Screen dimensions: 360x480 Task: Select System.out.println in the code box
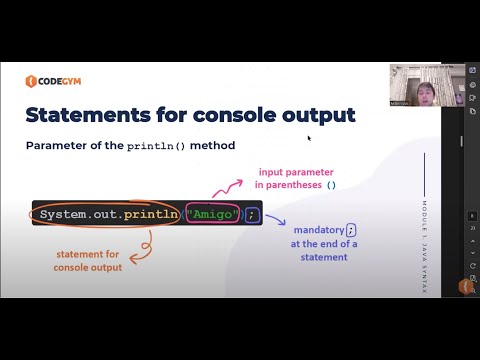coord(109,215)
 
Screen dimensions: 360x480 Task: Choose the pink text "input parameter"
coord(297,172)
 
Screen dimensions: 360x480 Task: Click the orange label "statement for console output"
coord(88,261)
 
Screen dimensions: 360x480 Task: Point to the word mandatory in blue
coord(317,230)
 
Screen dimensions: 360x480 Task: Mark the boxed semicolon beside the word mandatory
coord(350,230)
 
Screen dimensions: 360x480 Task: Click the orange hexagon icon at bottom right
coord(464,286)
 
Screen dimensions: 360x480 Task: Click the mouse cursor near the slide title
coord(309,138)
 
